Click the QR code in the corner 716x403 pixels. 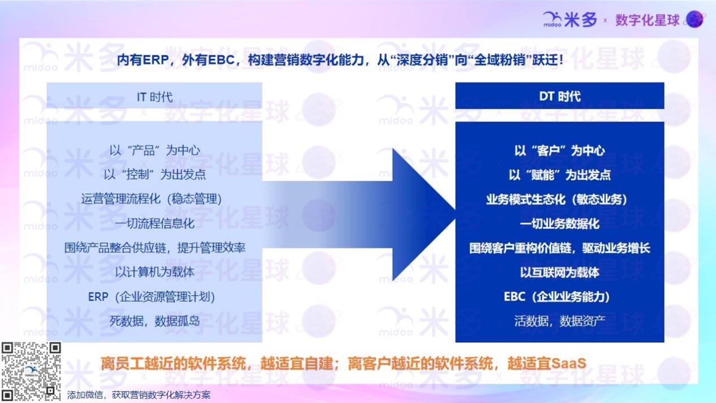point(31,371)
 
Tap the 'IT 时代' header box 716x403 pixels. point(154,96)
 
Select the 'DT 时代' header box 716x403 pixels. point(559,96)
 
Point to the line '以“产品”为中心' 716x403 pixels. point(155,150)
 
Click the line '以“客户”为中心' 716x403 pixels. point(559,150)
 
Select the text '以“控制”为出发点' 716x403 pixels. point(155,175)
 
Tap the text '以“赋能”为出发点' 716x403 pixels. point(559,175)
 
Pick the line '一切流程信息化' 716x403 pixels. point(155,223)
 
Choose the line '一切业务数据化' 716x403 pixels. point(559,224)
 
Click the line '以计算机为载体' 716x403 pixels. point(155,272)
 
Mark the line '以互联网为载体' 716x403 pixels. point(559,272)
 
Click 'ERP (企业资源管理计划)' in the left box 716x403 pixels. point(151,297)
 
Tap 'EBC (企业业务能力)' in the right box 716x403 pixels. point(557,297)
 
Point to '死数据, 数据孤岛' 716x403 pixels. point(155,321)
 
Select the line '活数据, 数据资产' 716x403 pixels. point(559,321)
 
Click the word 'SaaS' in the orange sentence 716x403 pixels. point(569,363)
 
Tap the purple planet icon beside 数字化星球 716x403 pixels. point(695,19)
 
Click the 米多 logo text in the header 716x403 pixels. point(580,20)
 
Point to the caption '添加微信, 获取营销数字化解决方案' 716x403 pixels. point(138,395)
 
